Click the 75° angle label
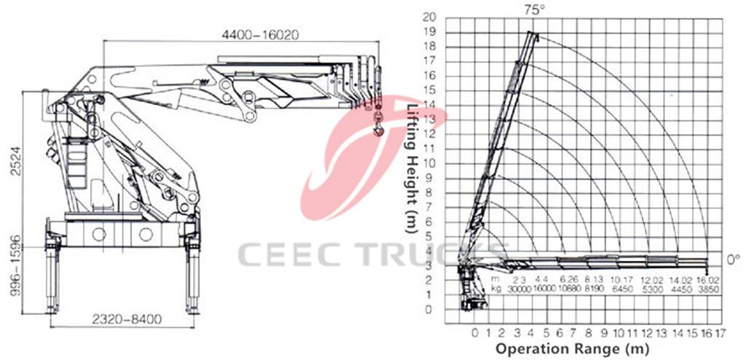pyautogui.click(x=533, y=9)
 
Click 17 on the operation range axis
pyautogui.click(x=721, y=333)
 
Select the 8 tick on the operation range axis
pyautogui.click(x=590, y=333)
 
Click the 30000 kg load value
pyautogui.click(x=519, y=288)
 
